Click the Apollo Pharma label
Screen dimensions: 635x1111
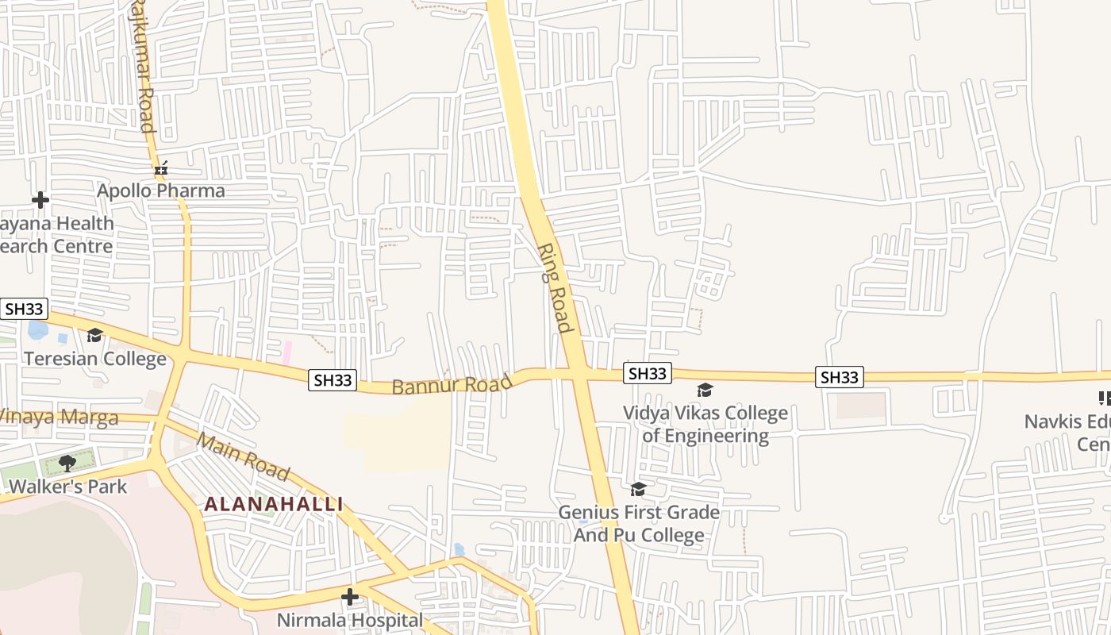click(x=161, y=191)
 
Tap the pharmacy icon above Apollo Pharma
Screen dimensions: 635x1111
click(x=161, y=168)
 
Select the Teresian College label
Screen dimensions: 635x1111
click(x=95, y=359)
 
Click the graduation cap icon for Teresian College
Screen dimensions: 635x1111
click(x=95, y=336)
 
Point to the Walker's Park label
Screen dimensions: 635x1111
click(x=68, y=487)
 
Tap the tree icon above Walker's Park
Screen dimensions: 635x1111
click(x=67, y=462)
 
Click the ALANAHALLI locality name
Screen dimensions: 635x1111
click(x=274, y=504)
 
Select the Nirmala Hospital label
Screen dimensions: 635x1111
click(x=350, y=620)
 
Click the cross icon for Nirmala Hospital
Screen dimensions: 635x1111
click(x=350, y=596)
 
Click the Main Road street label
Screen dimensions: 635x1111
click(x=243, y=456)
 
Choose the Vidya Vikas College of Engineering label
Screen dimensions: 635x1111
click(x=705, y=425)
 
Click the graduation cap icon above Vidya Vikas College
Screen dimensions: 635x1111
click(x=705, y=390)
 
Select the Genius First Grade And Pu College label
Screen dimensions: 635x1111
click(x=639, y=524)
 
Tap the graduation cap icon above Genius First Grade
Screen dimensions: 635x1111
click(x=638, y=489)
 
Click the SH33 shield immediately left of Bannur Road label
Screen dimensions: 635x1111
click(x=333, y=380)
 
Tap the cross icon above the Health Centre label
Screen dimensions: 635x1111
click(x=40, y=200)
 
